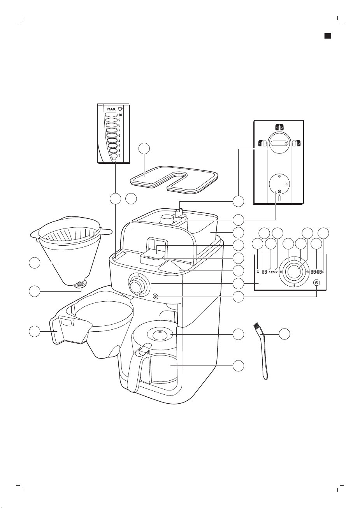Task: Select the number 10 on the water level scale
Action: pyautogui.click(x=120, y=115)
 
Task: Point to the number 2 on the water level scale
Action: pyautogui.click(x=119, y=155)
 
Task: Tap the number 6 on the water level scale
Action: pyautogui.click(x=119, y=135)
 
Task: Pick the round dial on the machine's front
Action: pyautogui.click(x=135, y=285)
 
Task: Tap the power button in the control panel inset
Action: pyautogui.click(x=317, y=283)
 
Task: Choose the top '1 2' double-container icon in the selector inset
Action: pyautogui.click(x=278, y=127)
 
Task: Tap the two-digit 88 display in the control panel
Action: pyautogui.click(x=264, y=272)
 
